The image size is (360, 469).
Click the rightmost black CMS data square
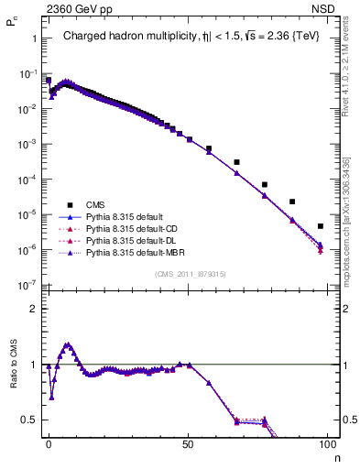(x=320, y=226)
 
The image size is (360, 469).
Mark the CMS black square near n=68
(x=237, y=162)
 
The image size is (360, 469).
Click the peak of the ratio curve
(x=67, y=344)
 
